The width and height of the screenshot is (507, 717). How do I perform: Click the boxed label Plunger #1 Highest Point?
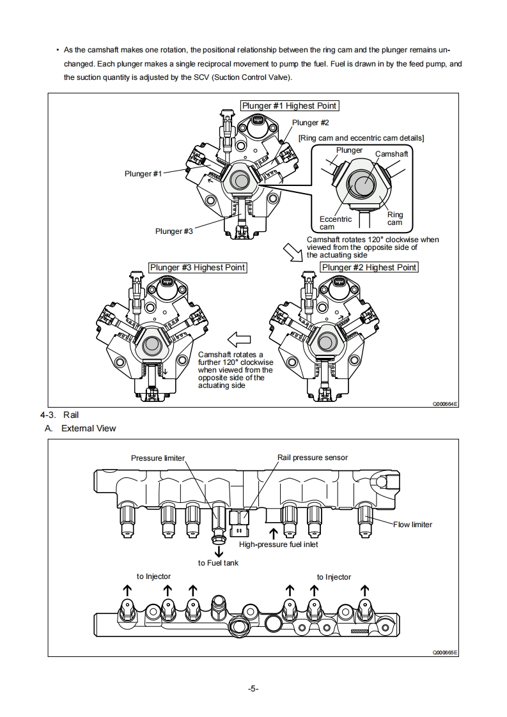click(x=289, y=105)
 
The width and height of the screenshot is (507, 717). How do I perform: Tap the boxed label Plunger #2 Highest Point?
click(x=369, y=267)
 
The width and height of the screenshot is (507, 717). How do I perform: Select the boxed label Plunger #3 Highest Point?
click(x=197, y=267)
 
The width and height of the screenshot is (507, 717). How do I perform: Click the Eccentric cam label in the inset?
click(x=335, y=223)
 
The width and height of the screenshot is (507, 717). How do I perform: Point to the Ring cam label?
click(x=395, y=219)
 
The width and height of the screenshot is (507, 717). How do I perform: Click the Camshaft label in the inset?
click(x=391, y=154)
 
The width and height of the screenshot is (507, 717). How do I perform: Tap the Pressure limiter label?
click(x=157, y=458)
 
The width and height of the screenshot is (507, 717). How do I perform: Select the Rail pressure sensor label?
click(x=313, y=458)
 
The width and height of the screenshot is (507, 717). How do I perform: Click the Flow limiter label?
click(x=412, y=525)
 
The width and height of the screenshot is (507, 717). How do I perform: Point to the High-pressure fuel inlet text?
click(x=278, y=544)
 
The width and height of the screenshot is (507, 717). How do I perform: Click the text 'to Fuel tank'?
click(x=218, y=563)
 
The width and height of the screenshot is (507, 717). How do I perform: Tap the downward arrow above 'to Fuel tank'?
click(x=219, y=551)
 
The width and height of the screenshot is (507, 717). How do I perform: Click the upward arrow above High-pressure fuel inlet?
click(x=274, y=533)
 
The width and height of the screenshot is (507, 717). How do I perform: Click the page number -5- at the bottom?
click(x=253, y=688)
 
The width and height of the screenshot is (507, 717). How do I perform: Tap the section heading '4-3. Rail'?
click(x=59, y=415)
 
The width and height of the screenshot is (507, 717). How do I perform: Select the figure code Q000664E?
click(x=445, y=405)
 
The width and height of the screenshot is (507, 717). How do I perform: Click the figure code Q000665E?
click(x=445, y=652)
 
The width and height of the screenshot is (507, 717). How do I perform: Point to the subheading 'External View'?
click(x=88, y=428)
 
